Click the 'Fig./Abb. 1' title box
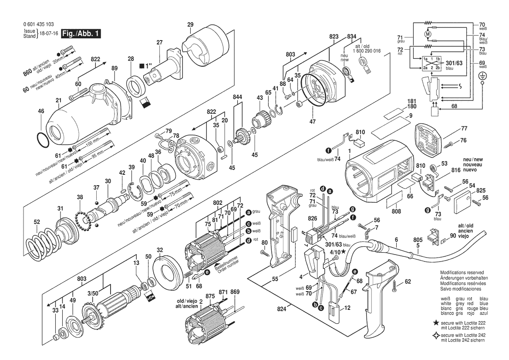[81, 34]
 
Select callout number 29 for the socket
[190, 24]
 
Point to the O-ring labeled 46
[42, 141]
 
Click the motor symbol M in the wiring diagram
[428, 34]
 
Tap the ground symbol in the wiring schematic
[482, 76]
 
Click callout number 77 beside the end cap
[464, 129]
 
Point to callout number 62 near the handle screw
[408, 282]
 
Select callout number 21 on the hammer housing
[58, 101]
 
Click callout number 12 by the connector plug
[347, 308]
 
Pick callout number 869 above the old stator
[235, 292]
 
